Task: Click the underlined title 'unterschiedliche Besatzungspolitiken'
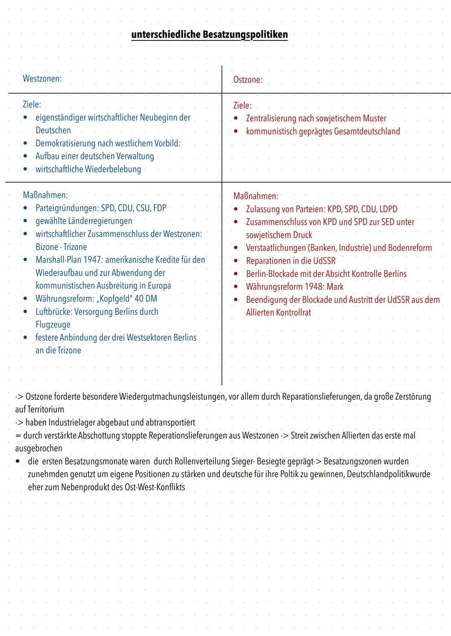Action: tap(209, 34)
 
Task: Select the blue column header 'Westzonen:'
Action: tap(42, 79)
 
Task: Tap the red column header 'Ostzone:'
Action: tap(248, 80)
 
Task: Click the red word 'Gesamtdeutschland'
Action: tap(365, 131)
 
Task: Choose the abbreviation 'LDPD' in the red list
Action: tap(388, 209)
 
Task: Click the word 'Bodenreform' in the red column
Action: tap(410, 248)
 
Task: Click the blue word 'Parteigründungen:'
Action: tap(67, 208)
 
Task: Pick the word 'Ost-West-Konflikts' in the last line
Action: tap(155, 487)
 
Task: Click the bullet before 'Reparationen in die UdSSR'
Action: tap(236, 261)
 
